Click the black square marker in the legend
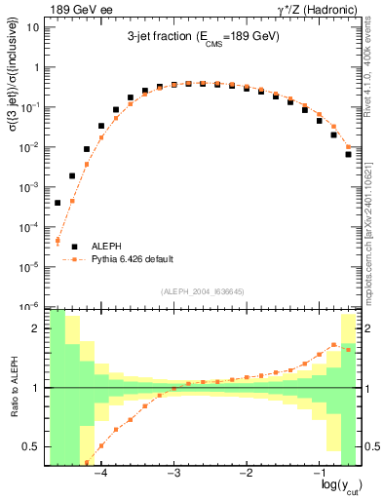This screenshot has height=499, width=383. point(73,247)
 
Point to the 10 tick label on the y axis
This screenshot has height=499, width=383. point(32,27)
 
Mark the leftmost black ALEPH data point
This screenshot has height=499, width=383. point(57,203)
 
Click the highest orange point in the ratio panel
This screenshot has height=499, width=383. point(334,344)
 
